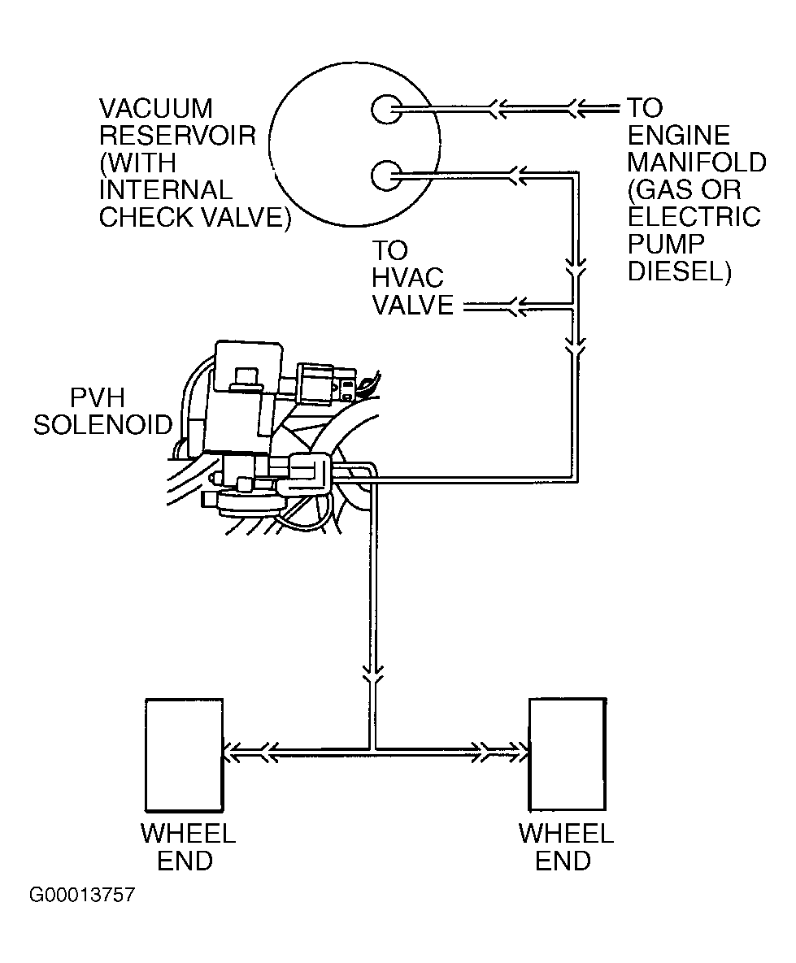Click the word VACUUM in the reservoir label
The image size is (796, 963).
156,109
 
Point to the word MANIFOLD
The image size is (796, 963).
697,163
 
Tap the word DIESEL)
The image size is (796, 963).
679,271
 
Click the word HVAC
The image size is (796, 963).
407,278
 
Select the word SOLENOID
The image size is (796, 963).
103,425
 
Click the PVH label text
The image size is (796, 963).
98,398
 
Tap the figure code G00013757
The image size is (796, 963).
82,895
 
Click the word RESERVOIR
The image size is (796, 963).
177,136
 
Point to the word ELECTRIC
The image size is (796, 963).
694,217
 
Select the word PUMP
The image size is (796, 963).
666,244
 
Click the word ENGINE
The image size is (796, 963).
679,136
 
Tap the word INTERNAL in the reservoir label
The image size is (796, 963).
166,190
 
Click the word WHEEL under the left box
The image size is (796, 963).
188,834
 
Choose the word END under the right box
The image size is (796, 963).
563,861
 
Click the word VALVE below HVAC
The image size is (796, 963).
413,306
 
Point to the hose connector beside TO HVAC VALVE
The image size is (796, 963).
515,306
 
